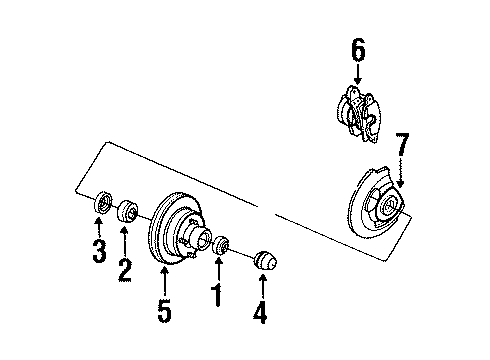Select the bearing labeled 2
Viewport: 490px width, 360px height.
pyautogui.click(x=127, y=213)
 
